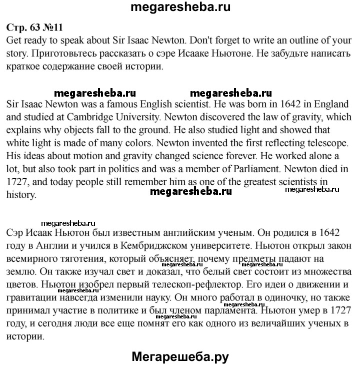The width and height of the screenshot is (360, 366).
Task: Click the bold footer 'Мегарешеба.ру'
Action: (180, 356)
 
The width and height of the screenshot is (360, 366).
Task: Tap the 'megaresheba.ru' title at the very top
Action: (180, 8)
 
